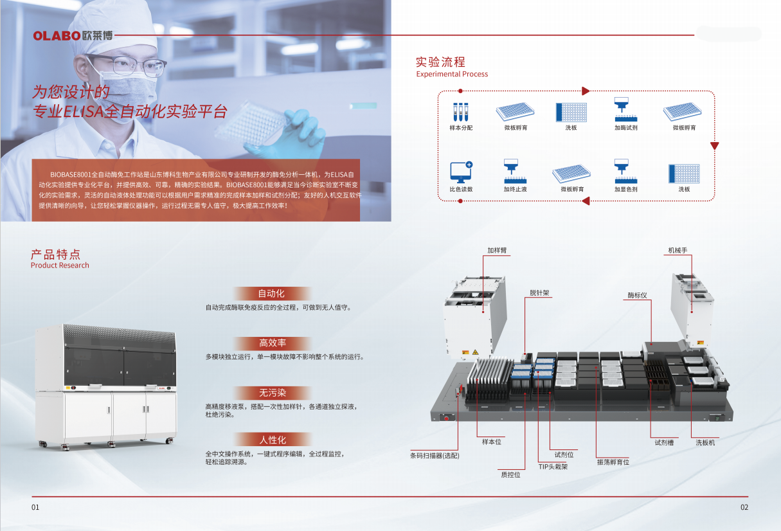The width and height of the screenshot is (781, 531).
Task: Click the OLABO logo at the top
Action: (73, 35)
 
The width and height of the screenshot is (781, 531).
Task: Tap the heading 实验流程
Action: (440, 62)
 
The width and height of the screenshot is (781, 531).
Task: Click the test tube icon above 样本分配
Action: (460, 112)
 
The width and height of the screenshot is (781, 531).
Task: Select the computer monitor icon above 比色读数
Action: (460, 173)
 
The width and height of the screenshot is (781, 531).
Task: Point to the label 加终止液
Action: (515, 190)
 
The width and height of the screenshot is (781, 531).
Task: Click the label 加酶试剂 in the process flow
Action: (625, 128)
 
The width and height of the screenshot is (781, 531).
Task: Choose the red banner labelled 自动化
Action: (271, 294)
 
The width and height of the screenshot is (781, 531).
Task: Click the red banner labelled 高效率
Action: (272, 343)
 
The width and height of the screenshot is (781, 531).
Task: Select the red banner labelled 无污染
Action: (272, 393)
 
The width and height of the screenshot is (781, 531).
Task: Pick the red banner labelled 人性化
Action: (272, 440)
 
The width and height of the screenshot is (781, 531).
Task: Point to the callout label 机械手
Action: (678, 250)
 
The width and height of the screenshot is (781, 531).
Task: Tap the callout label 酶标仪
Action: (637, 295)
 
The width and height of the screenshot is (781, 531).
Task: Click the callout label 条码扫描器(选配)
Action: (435, 456)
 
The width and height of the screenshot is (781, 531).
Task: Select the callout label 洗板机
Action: (705, 443)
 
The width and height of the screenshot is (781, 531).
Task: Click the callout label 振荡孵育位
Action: (613, 462)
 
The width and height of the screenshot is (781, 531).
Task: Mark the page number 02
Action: (744, 507)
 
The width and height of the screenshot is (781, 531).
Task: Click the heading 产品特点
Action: (55, 254)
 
